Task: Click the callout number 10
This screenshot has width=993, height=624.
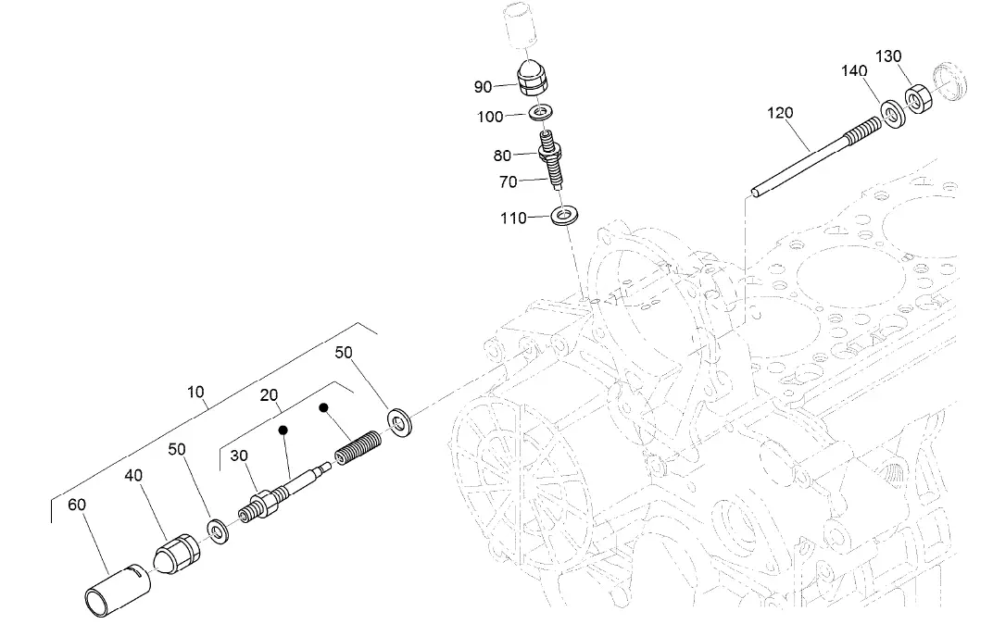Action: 195,392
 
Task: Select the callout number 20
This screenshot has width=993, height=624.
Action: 270,395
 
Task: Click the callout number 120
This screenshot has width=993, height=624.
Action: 780,113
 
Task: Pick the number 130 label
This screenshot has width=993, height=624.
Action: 888,56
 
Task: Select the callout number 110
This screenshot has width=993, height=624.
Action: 512,218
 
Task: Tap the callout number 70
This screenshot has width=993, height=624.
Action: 508,182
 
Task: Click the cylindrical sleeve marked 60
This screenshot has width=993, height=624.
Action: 113,587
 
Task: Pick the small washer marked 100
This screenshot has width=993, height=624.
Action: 541,113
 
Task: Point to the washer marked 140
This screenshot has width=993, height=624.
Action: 893,116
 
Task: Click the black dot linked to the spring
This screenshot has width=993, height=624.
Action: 324,407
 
